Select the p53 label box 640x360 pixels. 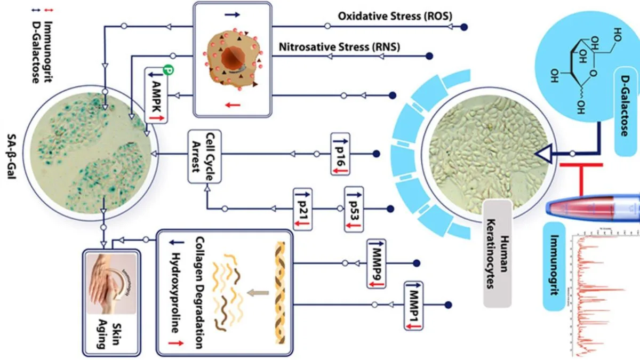pyautogui.click(x=354, y=208)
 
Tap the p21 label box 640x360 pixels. pyautogui.click(x=302, y=208)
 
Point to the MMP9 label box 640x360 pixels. pyautogui.click(x=376, y=264)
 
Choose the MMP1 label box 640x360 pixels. pyautogui.click(x=414, y=306)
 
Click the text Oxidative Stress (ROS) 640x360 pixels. pyautogui.click(x=395, y=17)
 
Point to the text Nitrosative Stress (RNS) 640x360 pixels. pyautogui.click(x=339, y=47)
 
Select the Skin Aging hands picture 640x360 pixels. pyautogui.click(x=110, y=283)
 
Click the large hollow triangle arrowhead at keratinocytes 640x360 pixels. pyautogui.click(x=540, y=154)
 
